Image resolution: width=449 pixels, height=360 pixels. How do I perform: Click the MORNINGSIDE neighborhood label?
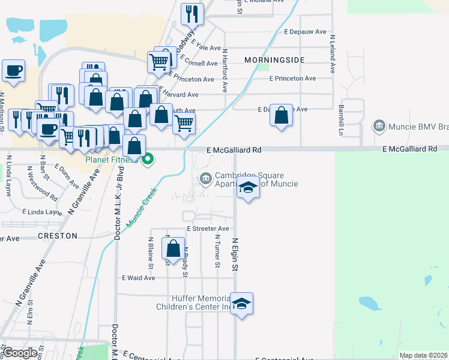[x=274, y=60]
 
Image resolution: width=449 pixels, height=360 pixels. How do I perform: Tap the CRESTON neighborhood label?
[x=58, y=236]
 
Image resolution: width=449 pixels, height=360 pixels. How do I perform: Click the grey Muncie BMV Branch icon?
[x=379, y=126]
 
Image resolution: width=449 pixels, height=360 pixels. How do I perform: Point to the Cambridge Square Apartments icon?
[x=205, y=178]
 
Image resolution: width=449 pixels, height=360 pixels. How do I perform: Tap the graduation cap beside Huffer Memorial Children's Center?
[x=241, y=304]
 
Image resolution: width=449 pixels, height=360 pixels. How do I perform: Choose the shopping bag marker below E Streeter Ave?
[x=173, y=249]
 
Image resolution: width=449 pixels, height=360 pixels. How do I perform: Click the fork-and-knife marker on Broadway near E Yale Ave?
[x=193, y=13]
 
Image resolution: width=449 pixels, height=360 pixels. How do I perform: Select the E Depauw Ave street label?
[x=305, y=31]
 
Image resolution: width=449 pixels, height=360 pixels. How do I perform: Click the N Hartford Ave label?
[x=225, y=70]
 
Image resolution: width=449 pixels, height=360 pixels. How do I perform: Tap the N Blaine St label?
[x=151, y=252]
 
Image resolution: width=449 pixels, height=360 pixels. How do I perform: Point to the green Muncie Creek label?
[x=141, y=207]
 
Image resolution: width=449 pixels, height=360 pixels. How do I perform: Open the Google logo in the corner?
[x=20, y=353]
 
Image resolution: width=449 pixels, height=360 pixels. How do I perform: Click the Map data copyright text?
[x=423, y=355]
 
